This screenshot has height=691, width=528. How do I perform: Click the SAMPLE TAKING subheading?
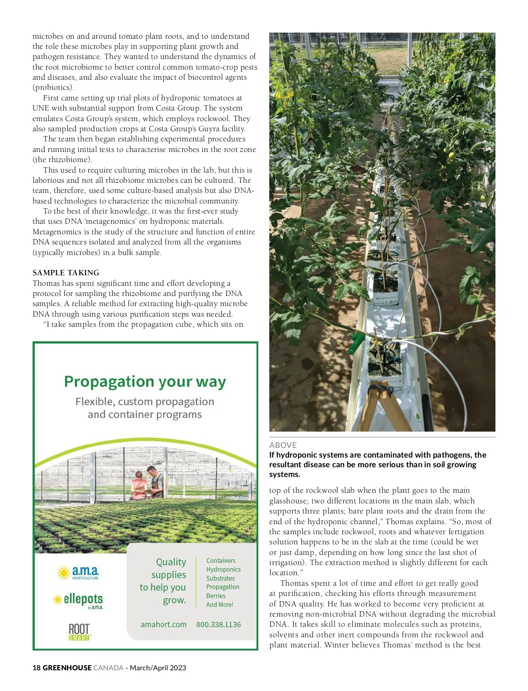(x=66, y=273)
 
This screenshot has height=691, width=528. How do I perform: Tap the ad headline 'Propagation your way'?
(x=145, y=381)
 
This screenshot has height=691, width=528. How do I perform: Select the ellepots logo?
(x=78, y=600)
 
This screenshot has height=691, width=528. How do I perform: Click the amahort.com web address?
(x=164, y=624)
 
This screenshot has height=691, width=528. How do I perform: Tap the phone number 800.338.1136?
(x=218, y=624)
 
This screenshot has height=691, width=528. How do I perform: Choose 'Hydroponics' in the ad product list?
(x=223, y=569)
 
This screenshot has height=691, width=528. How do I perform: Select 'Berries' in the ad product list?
(x=216, y=596)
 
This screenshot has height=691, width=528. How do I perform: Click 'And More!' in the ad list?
(x=220, y=605)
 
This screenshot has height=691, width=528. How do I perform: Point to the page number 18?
(x=37, y=668)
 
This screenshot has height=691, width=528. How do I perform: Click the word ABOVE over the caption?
(x=283, y=445)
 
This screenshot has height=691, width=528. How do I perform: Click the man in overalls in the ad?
(x=155, y=481)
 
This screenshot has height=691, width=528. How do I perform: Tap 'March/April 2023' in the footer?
(x=158, y=668)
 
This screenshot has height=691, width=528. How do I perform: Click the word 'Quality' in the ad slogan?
(x=171, y=562)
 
